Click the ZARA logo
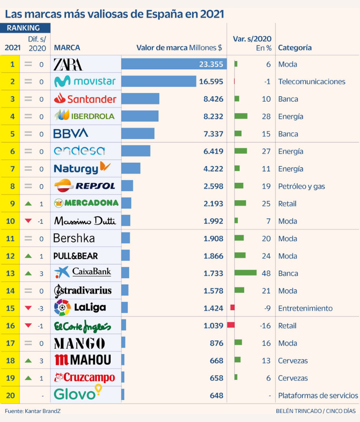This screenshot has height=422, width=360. (68, 64)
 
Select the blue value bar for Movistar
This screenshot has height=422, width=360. (158, 81)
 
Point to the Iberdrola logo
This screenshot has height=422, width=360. (84, 116)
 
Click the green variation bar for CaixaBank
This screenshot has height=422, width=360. (245, 273)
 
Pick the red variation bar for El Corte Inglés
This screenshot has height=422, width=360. (231, 325)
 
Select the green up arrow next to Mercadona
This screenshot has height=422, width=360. (28, 203)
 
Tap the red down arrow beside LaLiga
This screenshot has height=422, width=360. (28, 308)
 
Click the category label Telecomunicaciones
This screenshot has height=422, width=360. (312, 82)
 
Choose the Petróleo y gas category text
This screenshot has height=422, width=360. (301, 186)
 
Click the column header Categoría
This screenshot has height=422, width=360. (295, 47)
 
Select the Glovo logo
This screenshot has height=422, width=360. (78, 394)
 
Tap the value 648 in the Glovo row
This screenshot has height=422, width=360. (217, 395)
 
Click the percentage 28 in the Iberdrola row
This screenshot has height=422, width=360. (266, 116)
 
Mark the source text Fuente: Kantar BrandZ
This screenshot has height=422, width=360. (33, 411)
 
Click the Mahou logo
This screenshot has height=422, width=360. (83, 360)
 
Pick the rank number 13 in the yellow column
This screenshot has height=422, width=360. (11, 273)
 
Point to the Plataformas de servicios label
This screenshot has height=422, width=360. (318, 395)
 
